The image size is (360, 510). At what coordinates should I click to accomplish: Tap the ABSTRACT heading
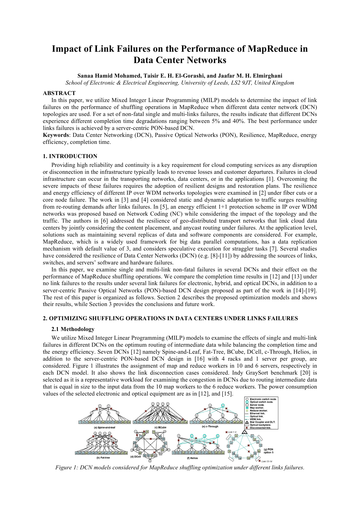pos(59,93)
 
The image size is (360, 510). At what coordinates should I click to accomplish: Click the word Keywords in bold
pos(56,135)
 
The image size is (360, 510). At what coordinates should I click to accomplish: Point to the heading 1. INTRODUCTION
pos(70,156)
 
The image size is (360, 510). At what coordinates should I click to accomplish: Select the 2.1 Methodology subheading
pos(73,329)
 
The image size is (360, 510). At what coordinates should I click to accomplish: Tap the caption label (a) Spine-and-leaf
pos(105,427)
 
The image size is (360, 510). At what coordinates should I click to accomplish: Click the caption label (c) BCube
pos(160,427)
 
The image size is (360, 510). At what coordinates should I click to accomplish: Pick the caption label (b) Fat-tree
pos(103,458)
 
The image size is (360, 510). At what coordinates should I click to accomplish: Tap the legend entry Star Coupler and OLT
pos(262,422)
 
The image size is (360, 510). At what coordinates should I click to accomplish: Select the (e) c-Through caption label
pos(210,427)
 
